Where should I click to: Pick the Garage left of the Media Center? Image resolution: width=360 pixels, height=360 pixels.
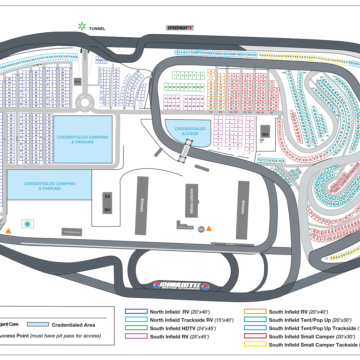point(142,205)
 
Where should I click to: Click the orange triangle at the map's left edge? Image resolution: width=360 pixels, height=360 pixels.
point(9,231)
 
